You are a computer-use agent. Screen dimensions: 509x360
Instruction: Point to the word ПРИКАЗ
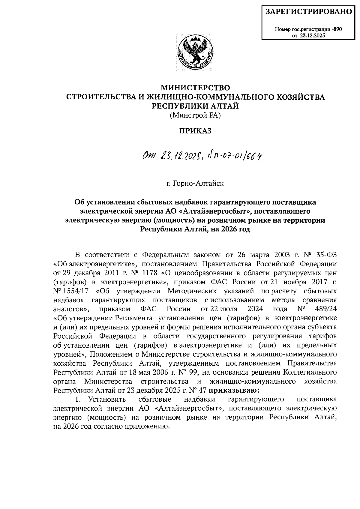(195, 131)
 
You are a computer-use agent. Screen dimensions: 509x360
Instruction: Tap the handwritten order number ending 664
(237, 156)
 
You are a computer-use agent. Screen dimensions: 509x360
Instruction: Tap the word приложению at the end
(145, 427)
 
